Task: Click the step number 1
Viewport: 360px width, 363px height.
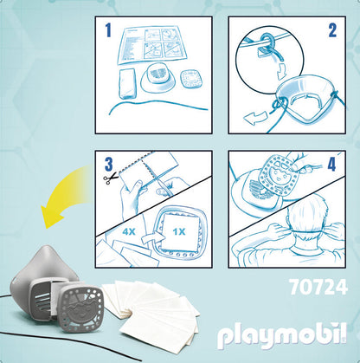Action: coord(108,30)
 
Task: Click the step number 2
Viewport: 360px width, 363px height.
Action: coord(332,30)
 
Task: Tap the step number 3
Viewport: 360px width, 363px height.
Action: coord(108,165)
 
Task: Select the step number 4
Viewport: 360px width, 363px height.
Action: coord(331,165)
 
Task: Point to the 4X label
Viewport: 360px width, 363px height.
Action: coord(129,231)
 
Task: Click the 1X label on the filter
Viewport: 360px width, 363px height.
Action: coord(178,231)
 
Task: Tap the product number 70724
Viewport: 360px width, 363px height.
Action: coord(318,288)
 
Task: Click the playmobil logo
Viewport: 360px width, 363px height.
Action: coord(282,337)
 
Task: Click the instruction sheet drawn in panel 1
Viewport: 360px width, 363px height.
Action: coord(152,45)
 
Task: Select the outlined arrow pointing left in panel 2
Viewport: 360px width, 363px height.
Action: coord(255,119)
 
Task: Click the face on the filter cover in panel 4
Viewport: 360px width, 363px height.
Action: coord(279,176)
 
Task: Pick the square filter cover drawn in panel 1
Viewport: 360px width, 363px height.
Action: coord(190,80)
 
